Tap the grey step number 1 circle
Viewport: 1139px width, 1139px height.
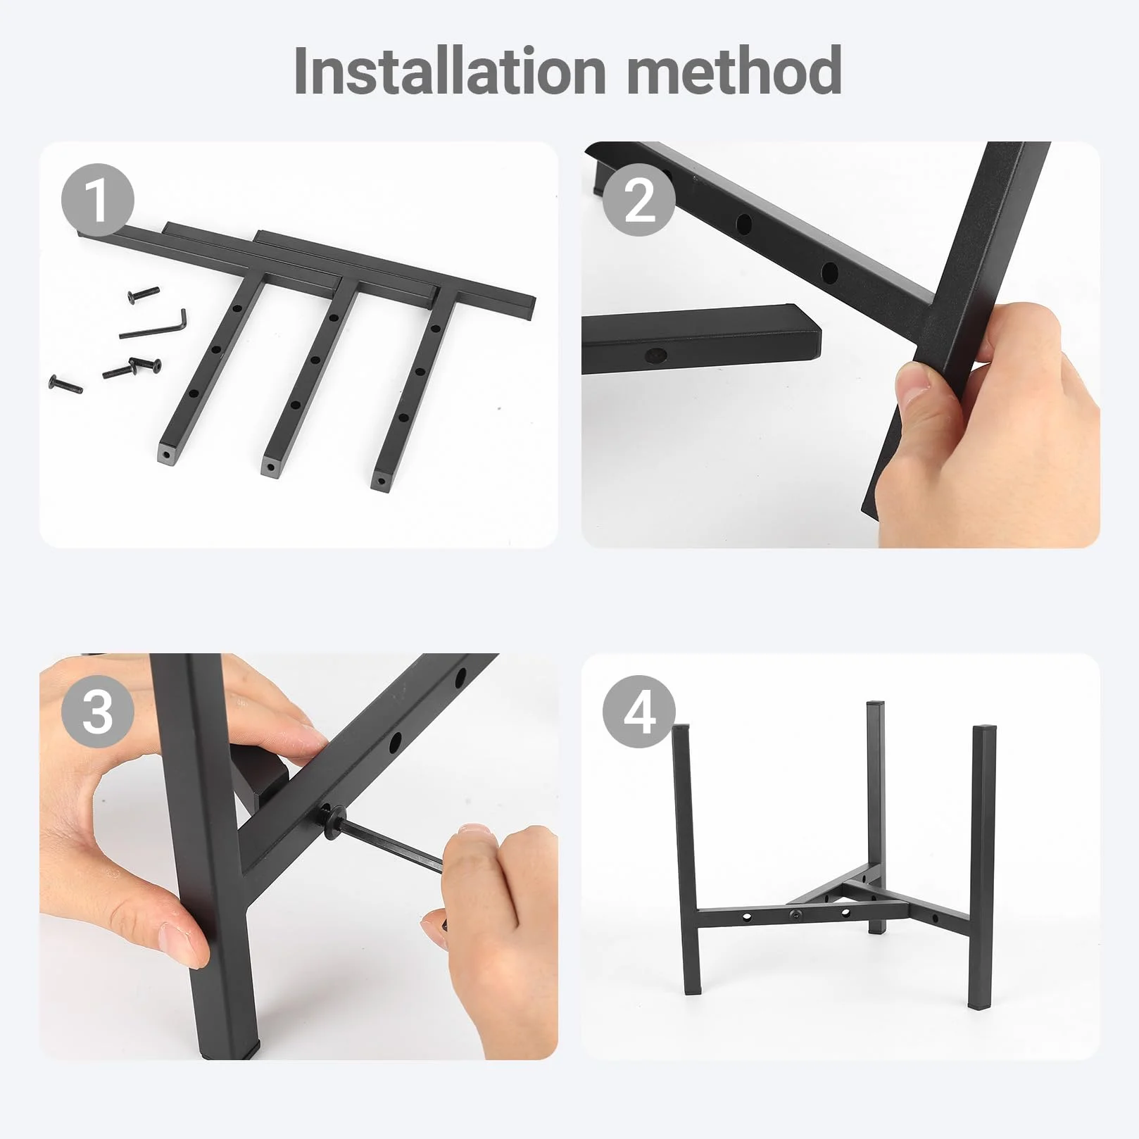click(97, 201)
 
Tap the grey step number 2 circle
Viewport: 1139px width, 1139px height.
click(639, 201)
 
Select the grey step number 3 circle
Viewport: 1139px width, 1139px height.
click(97, 712)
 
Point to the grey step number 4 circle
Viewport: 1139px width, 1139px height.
click(639, 712)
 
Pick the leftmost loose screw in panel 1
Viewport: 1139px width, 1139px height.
click(64, 384)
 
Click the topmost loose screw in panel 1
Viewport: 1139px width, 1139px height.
click(145, 294)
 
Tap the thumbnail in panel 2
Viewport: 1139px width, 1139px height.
click(914, 382)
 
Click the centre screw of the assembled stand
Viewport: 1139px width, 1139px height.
click(795, 914)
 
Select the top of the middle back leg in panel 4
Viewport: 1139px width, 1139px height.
click(874, 704)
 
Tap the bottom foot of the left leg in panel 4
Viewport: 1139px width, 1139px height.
click(696, 988)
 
